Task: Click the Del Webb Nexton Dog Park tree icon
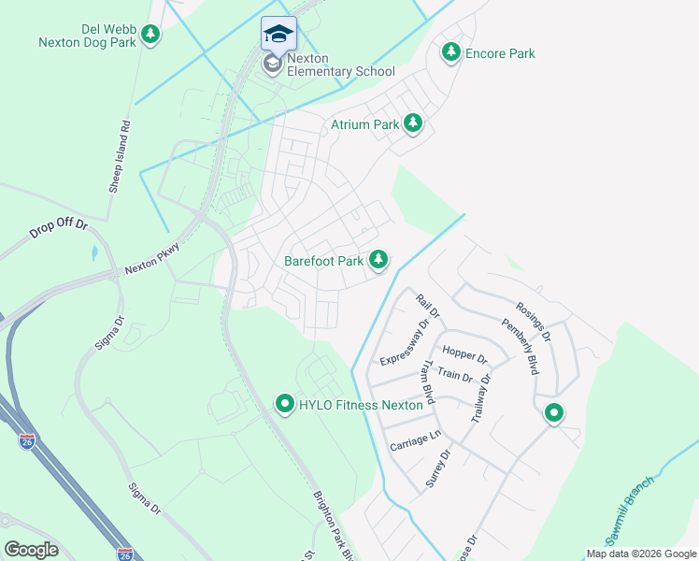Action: tap(150, 35)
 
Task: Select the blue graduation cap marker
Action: tap(278, 34)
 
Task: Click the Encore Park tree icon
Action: tap(451, 52)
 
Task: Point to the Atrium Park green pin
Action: tap(412, 122)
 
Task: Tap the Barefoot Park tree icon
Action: tap(378, 260)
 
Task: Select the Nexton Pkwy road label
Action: tap(152, 263)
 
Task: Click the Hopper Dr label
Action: tap(464, 354)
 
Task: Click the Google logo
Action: tap(31, 549)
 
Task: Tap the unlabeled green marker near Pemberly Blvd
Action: tap(553, 411)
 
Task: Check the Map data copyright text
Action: tap(641, 554)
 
